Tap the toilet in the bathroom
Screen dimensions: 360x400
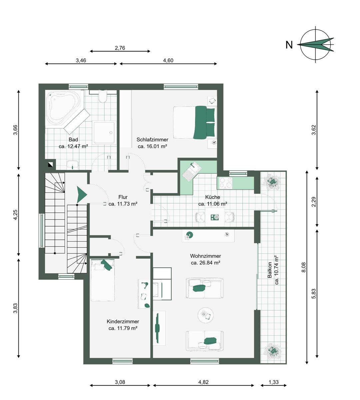[103, 97]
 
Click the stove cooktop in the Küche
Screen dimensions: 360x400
[226, 183]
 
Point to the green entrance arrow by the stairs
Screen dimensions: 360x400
[82, 195]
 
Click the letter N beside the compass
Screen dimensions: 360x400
[289, 45]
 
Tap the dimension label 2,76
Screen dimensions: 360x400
[120, 48]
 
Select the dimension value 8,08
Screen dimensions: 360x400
[304, 267]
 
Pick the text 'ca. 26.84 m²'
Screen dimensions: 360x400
[205, 263]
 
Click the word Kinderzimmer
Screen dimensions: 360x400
[123, 321]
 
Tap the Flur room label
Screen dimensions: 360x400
[123, 197]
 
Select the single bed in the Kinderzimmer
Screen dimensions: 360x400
[103, 280]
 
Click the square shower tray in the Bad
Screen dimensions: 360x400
[104, 133]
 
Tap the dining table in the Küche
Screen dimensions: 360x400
[215, 217]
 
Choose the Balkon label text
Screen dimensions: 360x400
[269, 270]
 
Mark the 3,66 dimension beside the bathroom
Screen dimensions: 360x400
[15, 130]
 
